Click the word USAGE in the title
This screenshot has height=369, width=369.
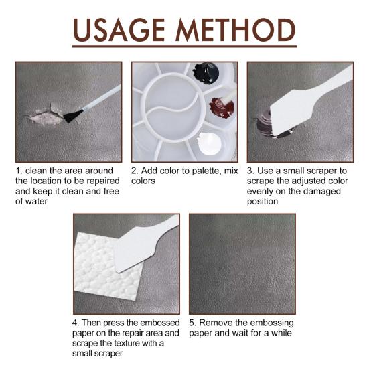[x=119, y=30]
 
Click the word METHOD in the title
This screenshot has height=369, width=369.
[x=236, y=30]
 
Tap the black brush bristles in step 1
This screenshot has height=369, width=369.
[x=73, y=116]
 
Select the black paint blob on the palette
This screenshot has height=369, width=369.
[x=206, y=73]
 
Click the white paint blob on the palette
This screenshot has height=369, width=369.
[x=210, y=144]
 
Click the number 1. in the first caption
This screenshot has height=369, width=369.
[x=19, y=171]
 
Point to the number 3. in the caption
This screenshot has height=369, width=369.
[x=251, y=171]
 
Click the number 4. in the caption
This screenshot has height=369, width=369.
[x=76, y=323]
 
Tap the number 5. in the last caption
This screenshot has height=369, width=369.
[x=193, y=323]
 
